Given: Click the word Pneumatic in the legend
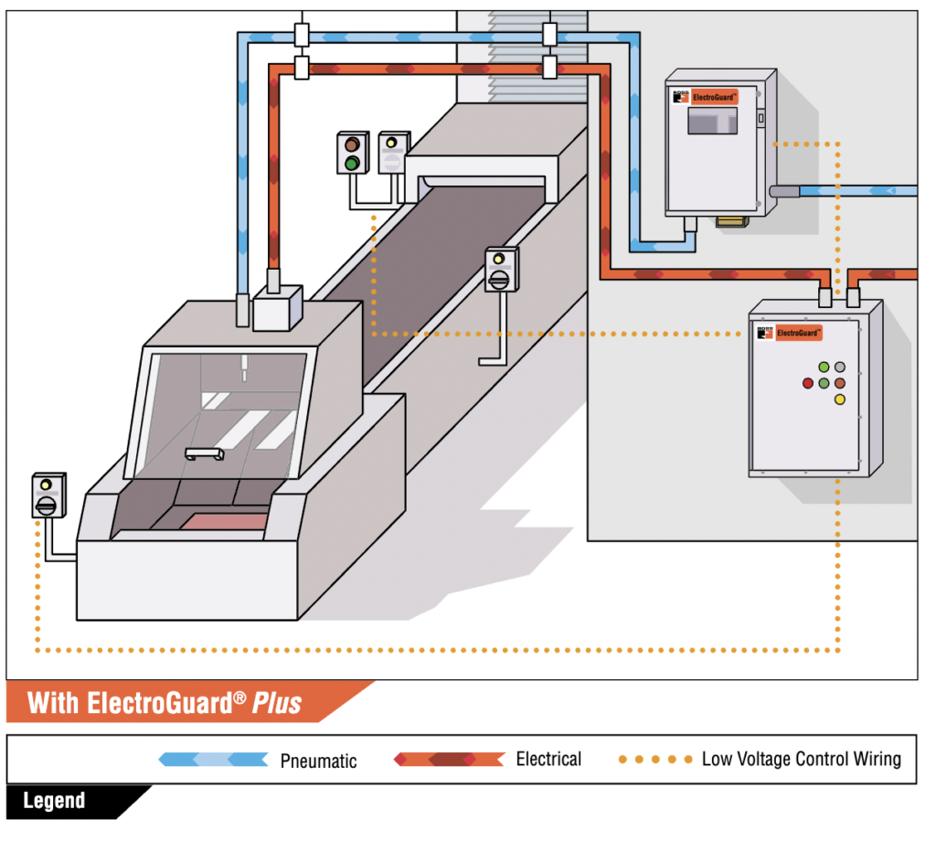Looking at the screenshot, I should (x=318, y=761).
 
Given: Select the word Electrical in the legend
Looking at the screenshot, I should (x=548, y=759).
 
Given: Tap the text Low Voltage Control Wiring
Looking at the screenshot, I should (x=801, y=759).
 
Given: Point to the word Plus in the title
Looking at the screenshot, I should (x=277, y=703).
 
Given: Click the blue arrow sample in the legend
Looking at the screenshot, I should (x=213, y=760).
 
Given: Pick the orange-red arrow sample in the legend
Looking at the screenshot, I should (x=449, y=759).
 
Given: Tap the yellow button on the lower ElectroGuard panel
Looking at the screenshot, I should (x=840, y=399).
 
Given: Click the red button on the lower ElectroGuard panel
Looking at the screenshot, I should (x=807, y=383).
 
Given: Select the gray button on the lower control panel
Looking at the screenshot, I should (x=840, y=367).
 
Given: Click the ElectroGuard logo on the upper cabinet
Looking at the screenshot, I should (x=711, y=94).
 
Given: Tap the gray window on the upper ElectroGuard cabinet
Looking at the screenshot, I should (x=712, y=120).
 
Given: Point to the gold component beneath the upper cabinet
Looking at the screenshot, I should (x=731, y=221).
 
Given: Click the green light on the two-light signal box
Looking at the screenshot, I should (x=350, y=163).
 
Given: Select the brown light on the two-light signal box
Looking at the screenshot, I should (x=350, y=144).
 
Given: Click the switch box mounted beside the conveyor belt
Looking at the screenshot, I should (x=500, y=270).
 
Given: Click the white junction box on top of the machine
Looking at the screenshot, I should (x=277, y=307).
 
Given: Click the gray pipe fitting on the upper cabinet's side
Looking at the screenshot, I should (x=784, y=191).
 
